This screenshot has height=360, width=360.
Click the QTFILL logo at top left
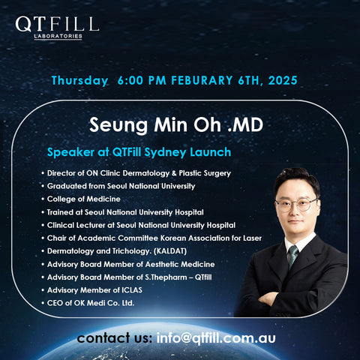pyautogui.click(x=56, y=24)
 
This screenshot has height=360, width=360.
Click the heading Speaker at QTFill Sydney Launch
pyautogui.click(x=139, y=152)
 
